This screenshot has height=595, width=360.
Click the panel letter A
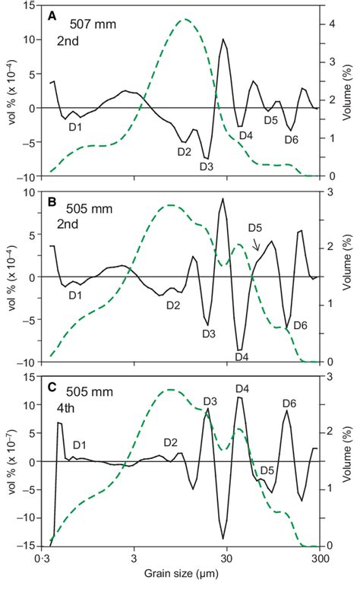52,14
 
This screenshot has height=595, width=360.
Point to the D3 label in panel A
207,166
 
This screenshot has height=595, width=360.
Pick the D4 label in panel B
242,356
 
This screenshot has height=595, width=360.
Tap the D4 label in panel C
242,388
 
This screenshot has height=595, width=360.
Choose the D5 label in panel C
267,470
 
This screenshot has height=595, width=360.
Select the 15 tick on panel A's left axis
34,6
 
